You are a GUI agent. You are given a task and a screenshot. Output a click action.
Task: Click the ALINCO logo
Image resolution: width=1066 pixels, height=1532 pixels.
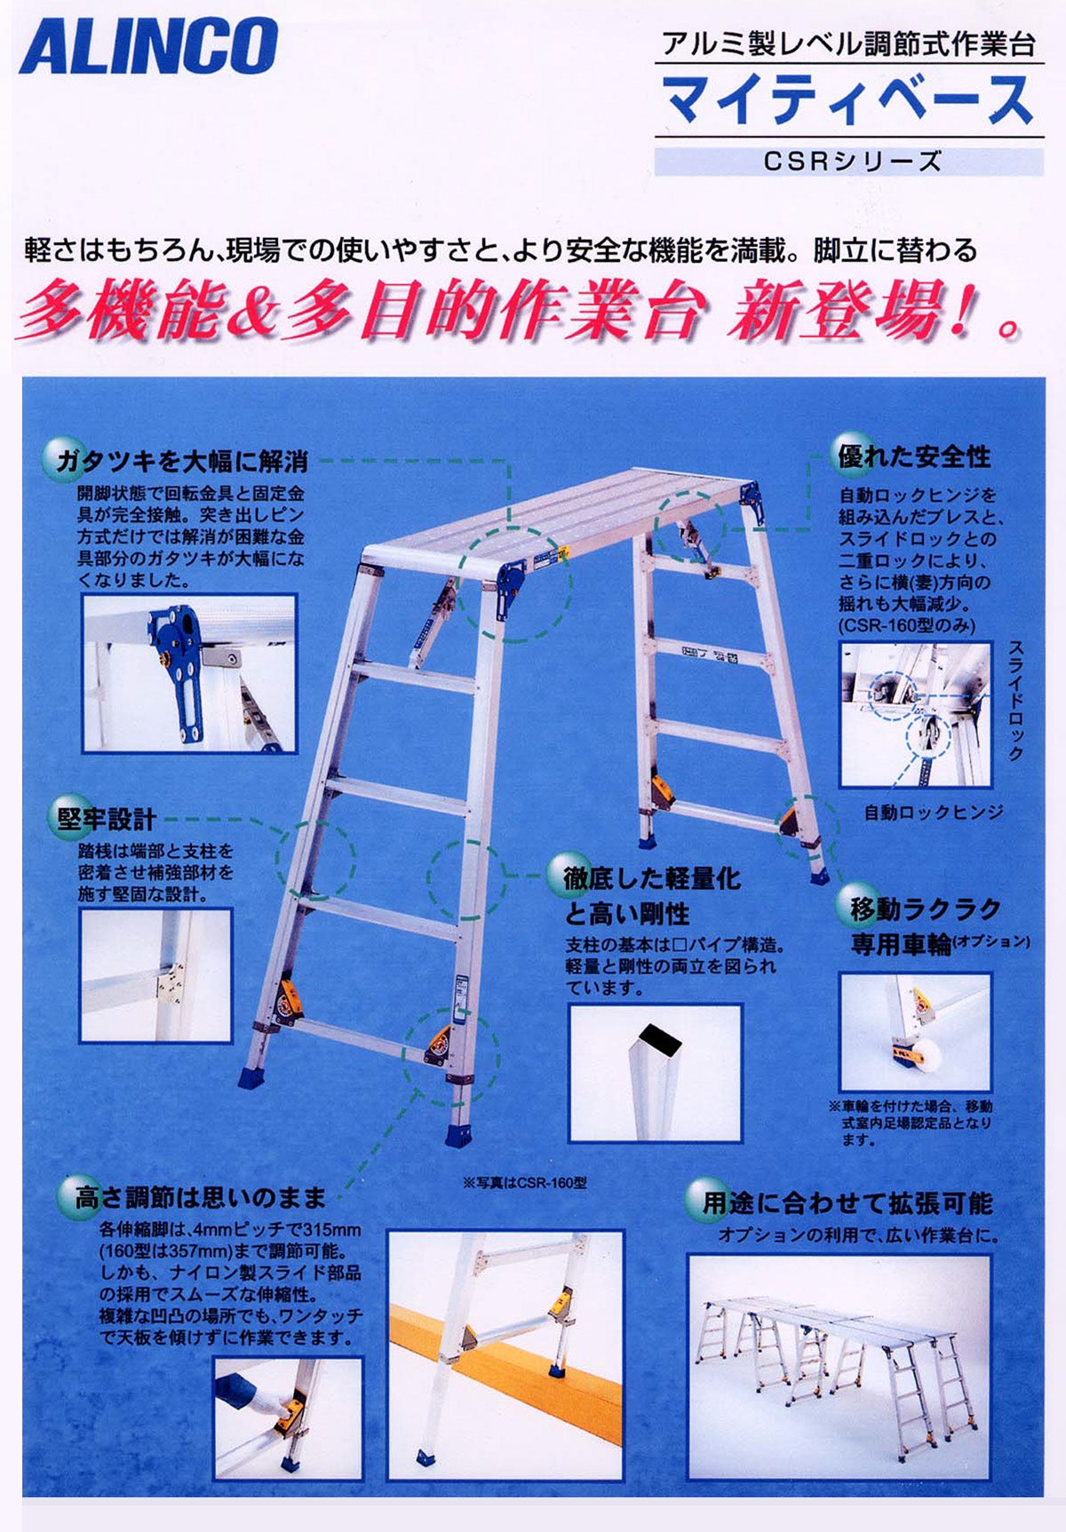[x=148, y=45]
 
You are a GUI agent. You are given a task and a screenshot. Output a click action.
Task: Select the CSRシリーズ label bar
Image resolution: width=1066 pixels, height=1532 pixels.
[x=849, y=162]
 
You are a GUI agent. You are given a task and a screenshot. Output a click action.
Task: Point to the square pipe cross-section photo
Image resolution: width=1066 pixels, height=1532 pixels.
[x=655, y=1073]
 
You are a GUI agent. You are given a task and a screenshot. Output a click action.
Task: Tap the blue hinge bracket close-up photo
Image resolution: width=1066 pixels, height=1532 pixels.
[x=189, y=673]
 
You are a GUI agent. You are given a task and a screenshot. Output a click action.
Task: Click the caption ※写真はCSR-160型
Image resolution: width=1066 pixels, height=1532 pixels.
[x=525, y=1182]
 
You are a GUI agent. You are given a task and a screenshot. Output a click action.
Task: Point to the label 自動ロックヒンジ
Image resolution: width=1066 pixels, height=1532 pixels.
[x=934, y=812]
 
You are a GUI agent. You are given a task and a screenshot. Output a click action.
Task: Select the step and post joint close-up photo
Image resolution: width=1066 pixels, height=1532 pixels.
[x=156, y=974]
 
